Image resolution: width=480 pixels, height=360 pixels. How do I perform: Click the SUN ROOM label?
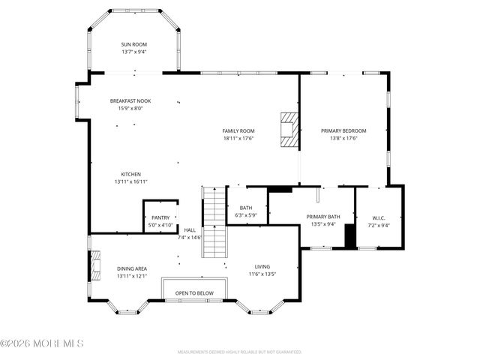(x=134, y=45)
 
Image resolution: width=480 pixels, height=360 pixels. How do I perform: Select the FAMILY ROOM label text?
(x=238, y=130)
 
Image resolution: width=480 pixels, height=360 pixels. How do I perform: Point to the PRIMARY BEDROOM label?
(x=343, y=130)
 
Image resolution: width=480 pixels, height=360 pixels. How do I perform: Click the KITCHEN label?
(x=131, y=174)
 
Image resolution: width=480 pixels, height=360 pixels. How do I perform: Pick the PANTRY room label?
(x=160, y=217)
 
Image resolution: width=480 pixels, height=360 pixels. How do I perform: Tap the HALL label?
(x=190, y=230)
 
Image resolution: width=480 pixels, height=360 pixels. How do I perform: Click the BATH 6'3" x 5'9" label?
(x=246, y=208)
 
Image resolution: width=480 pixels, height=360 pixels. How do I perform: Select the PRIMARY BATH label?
(x=323, y=217)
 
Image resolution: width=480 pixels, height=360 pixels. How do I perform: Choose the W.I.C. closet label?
(x=379, y=217)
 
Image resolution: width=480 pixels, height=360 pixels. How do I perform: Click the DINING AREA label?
(x=131, y=268)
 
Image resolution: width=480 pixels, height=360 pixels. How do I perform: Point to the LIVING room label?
(x=262, y=266)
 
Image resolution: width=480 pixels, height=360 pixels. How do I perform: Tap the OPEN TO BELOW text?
(x=194, y=293)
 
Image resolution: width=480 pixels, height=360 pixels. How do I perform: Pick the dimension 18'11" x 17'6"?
(x=238, y=138)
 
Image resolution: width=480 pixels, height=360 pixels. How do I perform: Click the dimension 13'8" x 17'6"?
(x=343, y=138)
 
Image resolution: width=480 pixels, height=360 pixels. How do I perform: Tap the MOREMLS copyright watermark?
(x=42, y=343)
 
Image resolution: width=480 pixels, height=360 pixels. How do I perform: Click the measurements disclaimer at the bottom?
(x=239, y=352)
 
